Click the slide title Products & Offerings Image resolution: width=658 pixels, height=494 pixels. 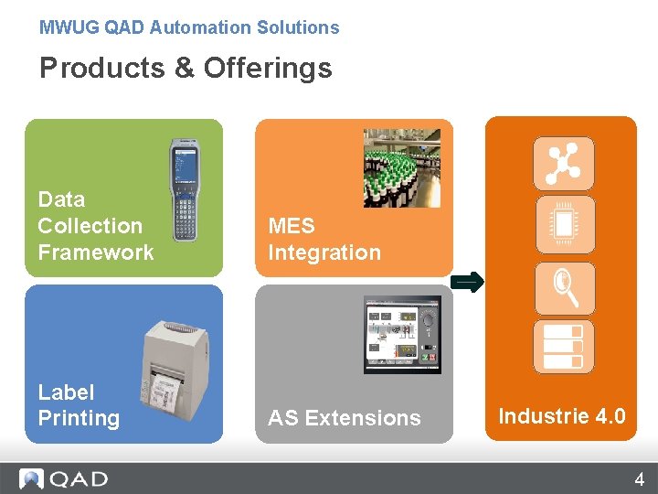pyautogui.click(x=186, y=68)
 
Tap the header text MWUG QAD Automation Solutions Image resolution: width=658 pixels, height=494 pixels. pyautogui.click(x=189, y=27)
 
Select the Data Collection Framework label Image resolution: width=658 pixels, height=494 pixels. pyautogui.click(x=96, y=226)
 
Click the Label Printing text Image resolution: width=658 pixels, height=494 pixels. pyautogui.click(x=79, y=405)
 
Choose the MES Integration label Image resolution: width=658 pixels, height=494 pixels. pyautogui.click(x=324, y=239)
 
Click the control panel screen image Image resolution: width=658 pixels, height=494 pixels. pyautogui.click(x=402, y=334)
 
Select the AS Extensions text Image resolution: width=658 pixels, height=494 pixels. pyautogui.click(x=345, y=418)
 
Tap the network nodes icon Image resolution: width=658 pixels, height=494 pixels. pyautogui.click(x=564, y=164)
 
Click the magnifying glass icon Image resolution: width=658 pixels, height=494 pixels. pyautogui.click(x=564, y=287)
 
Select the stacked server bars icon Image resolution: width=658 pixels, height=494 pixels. pyautogui.click(x=564, y=347)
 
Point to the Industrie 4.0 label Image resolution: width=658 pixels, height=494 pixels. pyautogui.click(x=562, y=416)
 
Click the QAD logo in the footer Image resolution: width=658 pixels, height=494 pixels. pyautogui.click(x=64, y=478)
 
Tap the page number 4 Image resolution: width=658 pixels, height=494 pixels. pyautogui.click(x=639, y=478)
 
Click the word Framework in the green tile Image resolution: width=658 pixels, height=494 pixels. pyautogui.click(x=96, y=252)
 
